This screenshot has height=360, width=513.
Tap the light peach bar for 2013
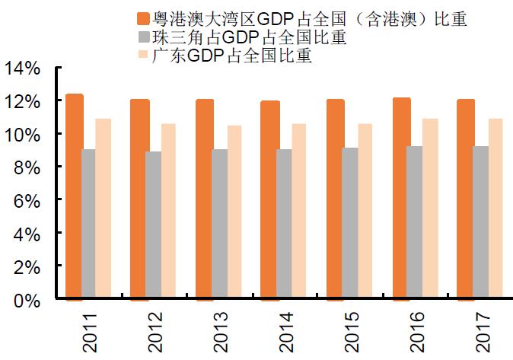[x=235, y=209]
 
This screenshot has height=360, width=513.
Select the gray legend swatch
[x=142, y=37]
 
